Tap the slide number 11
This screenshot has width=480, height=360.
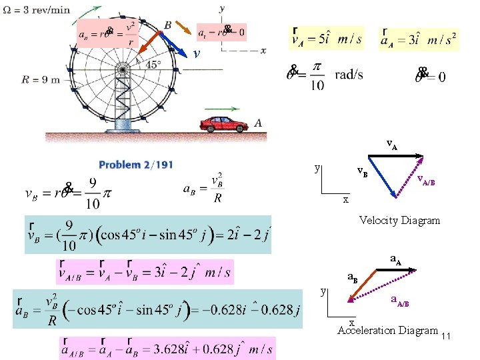pyautogui.click(x=447, y=336)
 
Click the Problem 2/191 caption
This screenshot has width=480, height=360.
pyautogui.click(x=136, y=165)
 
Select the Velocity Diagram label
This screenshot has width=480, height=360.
pyautogui.click(x=399, y=220)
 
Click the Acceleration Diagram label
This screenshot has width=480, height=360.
pyautogui.click(x=387, y=330)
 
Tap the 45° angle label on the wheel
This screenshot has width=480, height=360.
pyautogui.click(x=153, y=65)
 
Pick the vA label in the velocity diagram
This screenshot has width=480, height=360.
pyautogui.click(x=393, y=145)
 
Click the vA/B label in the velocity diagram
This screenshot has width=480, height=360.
pyautogui.click(x=426, y=180)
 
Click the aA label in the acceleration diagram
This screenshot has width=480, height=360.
pyautogui.click(x=395, y=259)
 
